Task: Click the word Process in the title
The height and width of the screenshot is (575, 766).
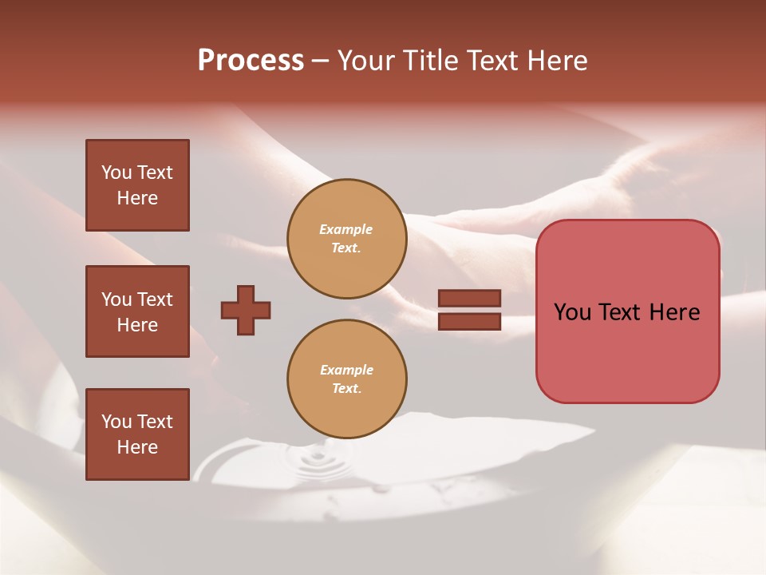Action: tap(251, 61)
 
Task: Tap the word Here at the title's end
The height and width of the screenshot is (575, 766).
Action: tap(555, 61)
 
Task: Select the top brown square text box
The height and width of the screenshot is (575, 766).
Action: tap(137, 185)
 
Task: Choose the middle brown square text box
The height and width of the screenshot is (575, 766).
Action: tap(137, 311)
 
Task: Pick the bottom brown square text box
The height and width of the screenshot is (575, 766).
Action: tap(137, 434)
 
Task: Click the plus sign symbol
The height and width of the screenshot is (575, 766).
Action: tap(246, 310)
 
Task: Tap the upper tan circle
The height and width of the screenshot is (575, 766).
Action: tap(346, 239)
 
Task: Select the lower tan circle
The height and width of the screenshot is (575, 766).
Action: tap(346, 379)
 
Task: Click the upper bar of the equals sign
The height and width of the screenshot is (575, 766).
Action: tap(469, 298)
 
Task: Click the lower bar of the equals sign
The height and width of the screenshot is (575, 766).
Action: tap(469, 321)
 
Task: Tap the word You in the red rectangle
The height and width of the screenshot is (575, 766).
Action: tap(572, 312)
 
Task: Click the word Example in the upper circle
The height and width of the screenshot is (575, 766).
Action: tap(346, 230)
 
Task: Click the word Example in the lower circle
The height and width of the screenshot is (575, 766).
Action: tap(346, 371)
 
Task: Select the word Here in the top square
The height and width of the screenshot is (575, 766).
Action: tap(137, 198)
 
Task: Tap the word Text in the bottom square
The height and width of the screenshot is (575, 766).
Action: tap(155, 422)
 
